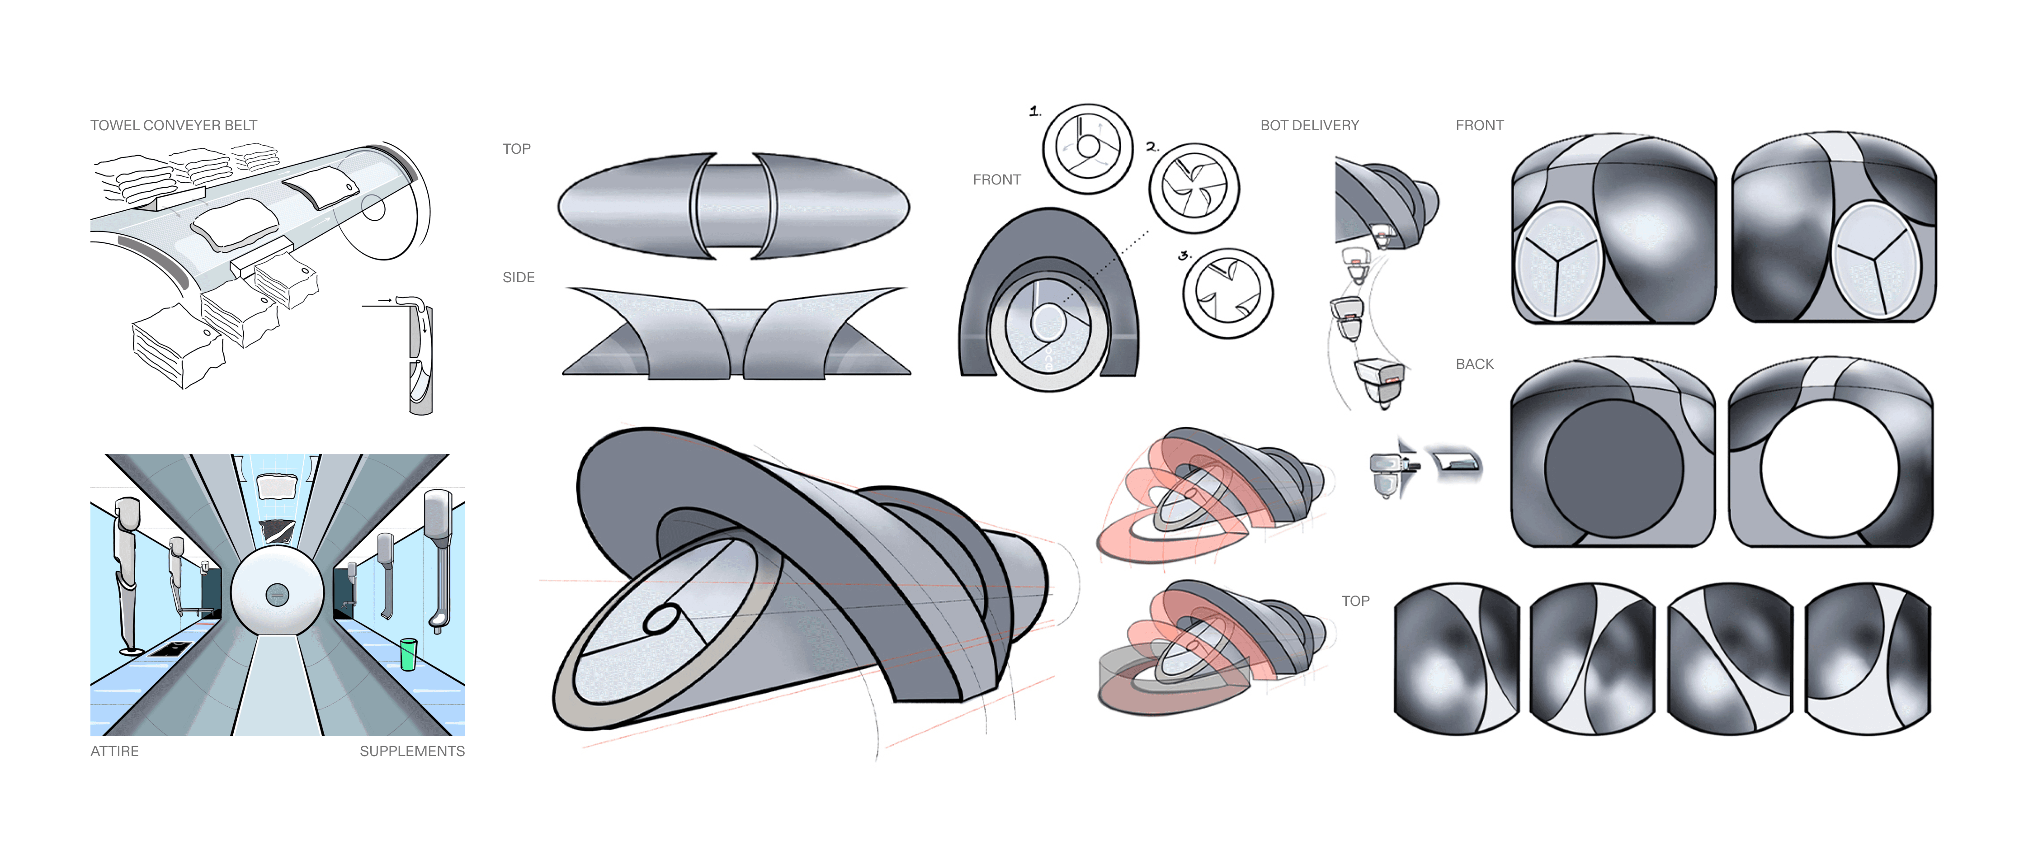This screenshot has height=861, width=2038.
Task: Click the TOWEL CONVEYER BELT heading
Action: click(173, 125)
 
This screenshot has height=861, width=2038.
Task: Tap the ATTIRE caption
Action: click(115, 751)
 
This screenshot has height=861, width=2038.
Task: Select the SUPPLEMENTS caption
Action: click(412, 751)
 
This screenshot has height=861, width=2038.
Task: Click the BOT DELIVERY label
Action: click(1309, 125)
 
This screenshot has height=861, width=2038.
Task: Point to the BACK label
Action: click(1475, 364)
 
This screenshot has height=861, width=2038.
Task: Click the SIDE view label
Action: click(518, 277)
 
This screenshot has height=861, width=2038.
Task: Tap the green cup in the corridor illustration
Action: click(408, 654)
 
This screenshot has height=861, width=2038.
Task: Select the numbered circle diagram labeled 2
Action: click(1194, 188)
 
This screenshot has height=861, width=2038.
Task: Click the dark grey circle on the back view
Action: click(1614, 468)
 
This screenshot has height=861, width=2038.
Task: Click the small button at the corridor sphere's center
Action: click(277, 594)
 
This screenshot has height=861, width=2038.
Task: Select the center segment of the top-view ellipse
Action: click(732, 206)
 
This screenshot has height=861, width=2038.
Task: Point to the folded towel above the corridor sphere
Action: click(277, 486)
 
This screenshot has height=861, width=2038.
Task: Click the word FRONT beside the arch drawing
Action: click(997, 180)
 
